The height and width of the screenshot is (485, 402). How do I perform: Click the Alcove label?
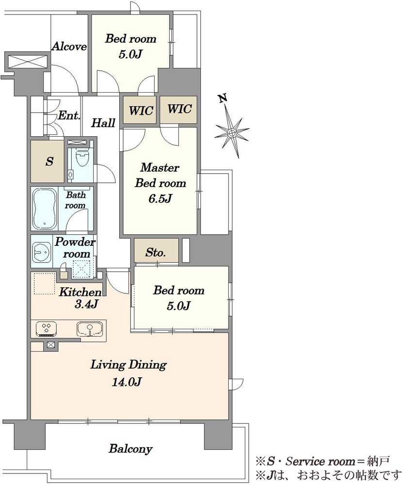click(69, 47)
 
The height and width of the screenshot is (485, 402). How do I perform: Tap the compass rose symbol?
click(232, 133)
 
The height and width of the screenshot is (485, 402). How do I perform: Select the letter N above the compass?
click(223, 98)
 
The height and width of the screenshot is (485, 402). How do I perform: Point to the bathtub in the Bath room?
click(45, 209)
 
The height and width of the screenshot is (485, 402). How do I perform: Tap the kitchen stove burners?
click(47, 329)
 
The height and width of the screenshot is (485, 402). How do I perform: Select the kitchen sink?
click(90, 329)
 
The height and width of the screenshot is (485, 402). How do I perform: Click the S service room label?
click(49, 161)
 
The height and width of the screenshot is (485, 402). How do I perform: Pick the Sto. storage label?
click(156, 252)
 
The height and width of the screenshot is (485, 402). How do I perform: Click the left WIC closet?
click(140, 110)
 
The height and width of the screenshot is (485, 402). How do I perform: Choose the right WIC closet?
click(178, 109)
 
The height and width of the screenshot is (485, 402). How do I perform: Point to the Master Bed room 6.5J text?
click(160, 183)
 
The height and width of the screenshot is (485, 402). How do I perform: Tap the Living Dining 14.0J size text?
click(127, 382)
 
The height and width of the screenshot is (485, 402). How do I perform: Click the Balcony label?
click(130, 449)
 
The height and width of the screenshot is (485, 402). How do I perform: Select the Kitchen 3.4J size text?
click(86, 305)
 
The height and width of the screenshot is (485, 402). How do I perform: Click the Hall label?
click(103, 123)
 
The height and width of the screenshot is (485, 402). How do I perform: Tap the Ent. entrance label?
click(69, 115)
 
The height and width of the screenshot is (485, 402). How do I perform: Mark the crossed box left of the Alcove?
click(28, 61)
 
